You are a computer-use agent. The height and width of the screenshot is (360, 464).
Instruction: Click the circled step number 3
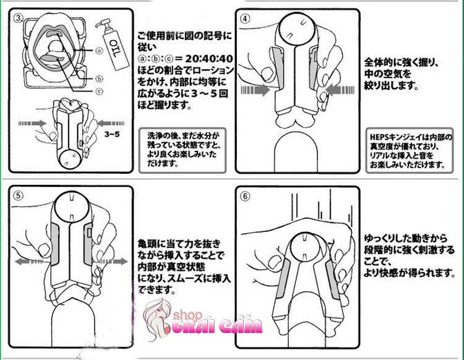[x=19, y=19]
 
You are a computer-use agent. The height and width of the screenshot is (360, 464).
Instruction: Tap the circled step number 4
[x=245, y=19]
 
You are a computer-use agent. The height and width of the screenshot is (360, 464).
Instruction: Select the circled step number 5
[x=19, y=195]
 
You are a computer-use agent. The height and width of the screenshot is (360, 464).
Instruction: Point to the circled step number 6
[x=245, y=196]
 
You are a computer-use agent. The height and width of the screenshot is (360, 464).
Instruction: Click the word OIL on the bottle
[x=115, y=49]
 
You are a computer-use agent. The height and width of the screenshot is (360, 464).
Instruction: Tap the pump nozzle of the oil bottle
[x=102, y=23]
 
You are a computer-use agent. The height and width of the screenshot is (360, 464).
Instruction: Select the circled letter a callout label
[x=100, y=51]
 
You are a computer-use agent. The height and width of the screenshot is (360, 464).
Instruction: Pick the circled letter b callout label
[x=100, y=79]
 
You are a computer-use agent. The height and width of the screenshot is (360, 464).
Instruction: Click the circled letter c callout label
[x=100, y=91]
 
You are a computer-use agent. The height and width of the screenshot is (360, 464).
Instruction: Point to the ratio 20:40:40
[x=209, y=59]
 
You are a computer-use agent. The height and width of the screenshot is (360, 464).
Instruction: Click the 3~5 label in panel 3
[x=112, y=134]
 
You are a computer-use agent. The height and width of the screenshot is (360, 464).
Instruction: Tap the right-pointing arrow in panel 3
[x=33, y=123]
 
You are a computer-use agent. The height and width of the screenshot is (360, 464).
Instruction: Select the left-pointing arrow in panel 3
[x=110, y=123]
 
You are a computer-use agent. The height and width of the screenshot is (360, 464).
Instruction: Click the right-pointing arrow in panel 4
[x=256, y=90]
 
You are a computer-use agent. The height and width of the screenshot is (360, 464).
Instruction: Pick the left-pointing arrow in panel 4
[x=340, y=90]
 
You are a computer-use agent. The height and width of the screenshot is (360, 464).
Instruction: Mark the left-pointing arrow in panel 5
[x=31, y=262]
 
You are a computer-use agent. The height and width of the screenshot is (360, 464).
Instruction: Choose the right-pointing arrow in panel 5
[x=113, y=262]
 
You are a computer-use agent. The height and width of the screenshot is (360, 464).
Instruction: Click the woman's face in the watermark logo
[x=159, y=314]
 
